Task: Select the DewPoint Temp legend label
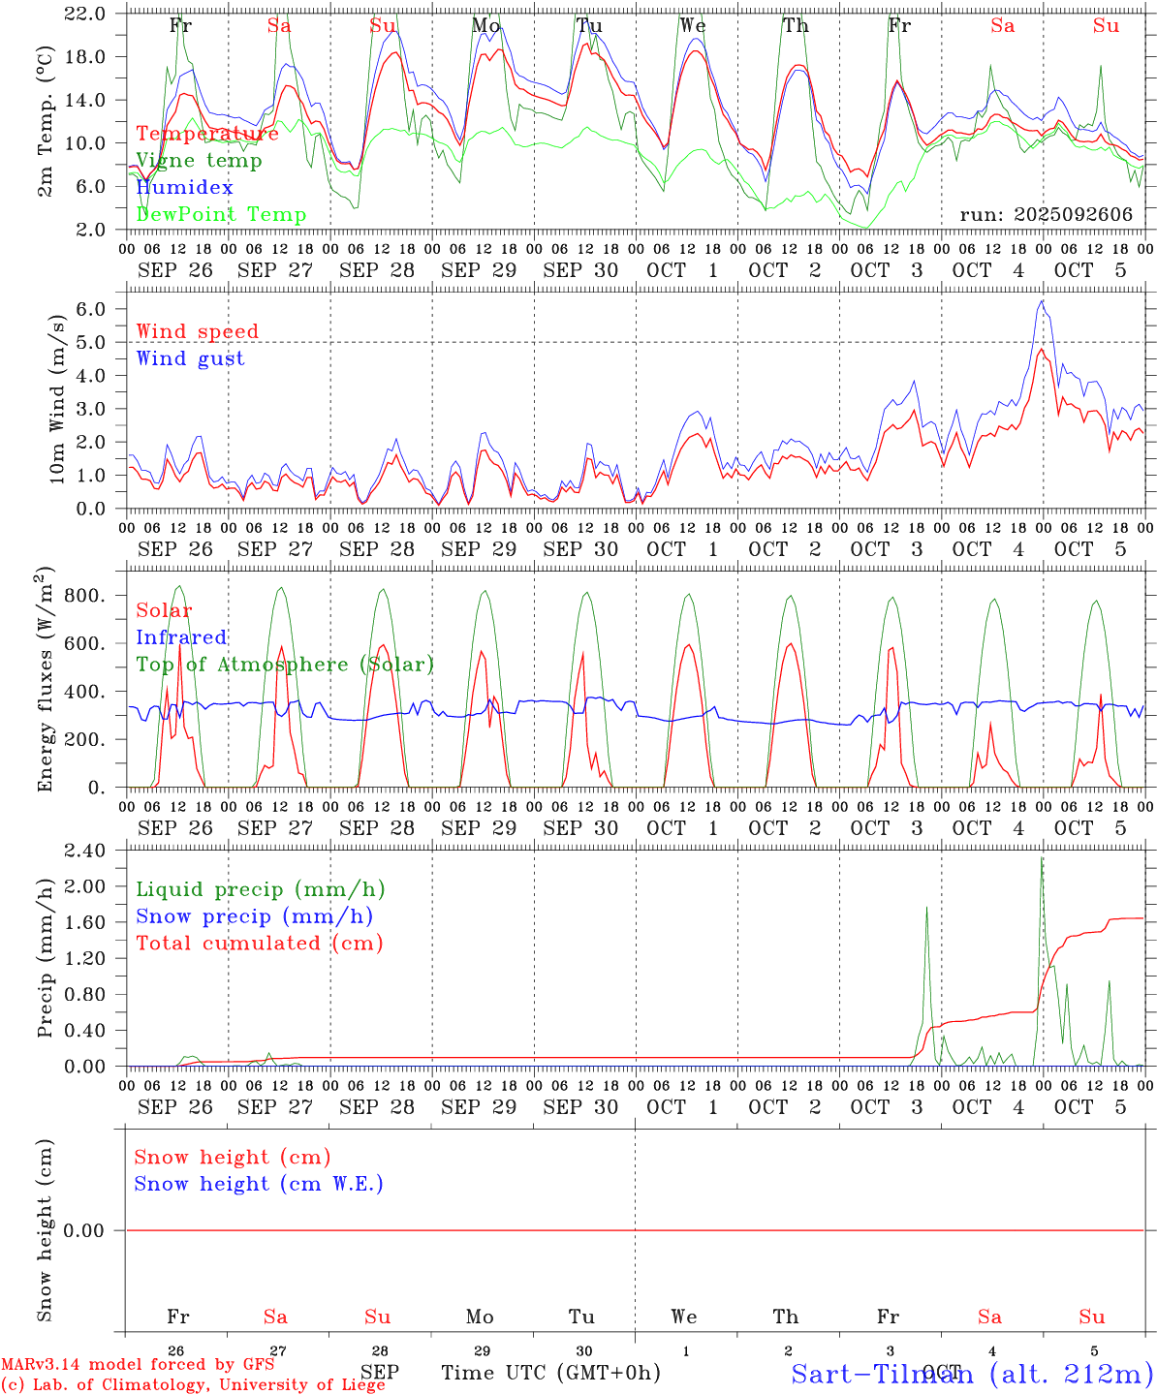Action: point(221,215)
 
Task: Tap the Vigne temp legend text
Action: point(199,161)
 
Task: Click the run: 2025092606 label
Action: point(1046,215)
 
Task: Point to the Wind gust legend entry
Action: point(190,358)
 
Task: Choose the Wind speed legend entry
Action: point(198,331)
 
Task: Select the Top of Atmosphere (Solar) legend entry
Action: point(284,665)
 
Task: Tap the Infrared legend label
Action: point(181,637)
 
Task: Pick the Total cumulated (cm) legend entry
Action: point(259,944)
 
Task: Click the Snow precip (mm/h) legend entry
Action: point(254,916)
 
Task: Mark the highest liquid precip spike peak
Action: point(1042,858)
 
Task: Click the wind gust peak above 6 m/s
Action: point(1042,301)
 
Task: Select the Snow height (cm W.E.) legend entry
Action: point(259,1184)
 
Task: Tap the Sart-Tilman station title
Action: point(972,1374)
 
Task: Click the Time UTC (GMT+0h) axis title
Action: point(550,1373)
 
